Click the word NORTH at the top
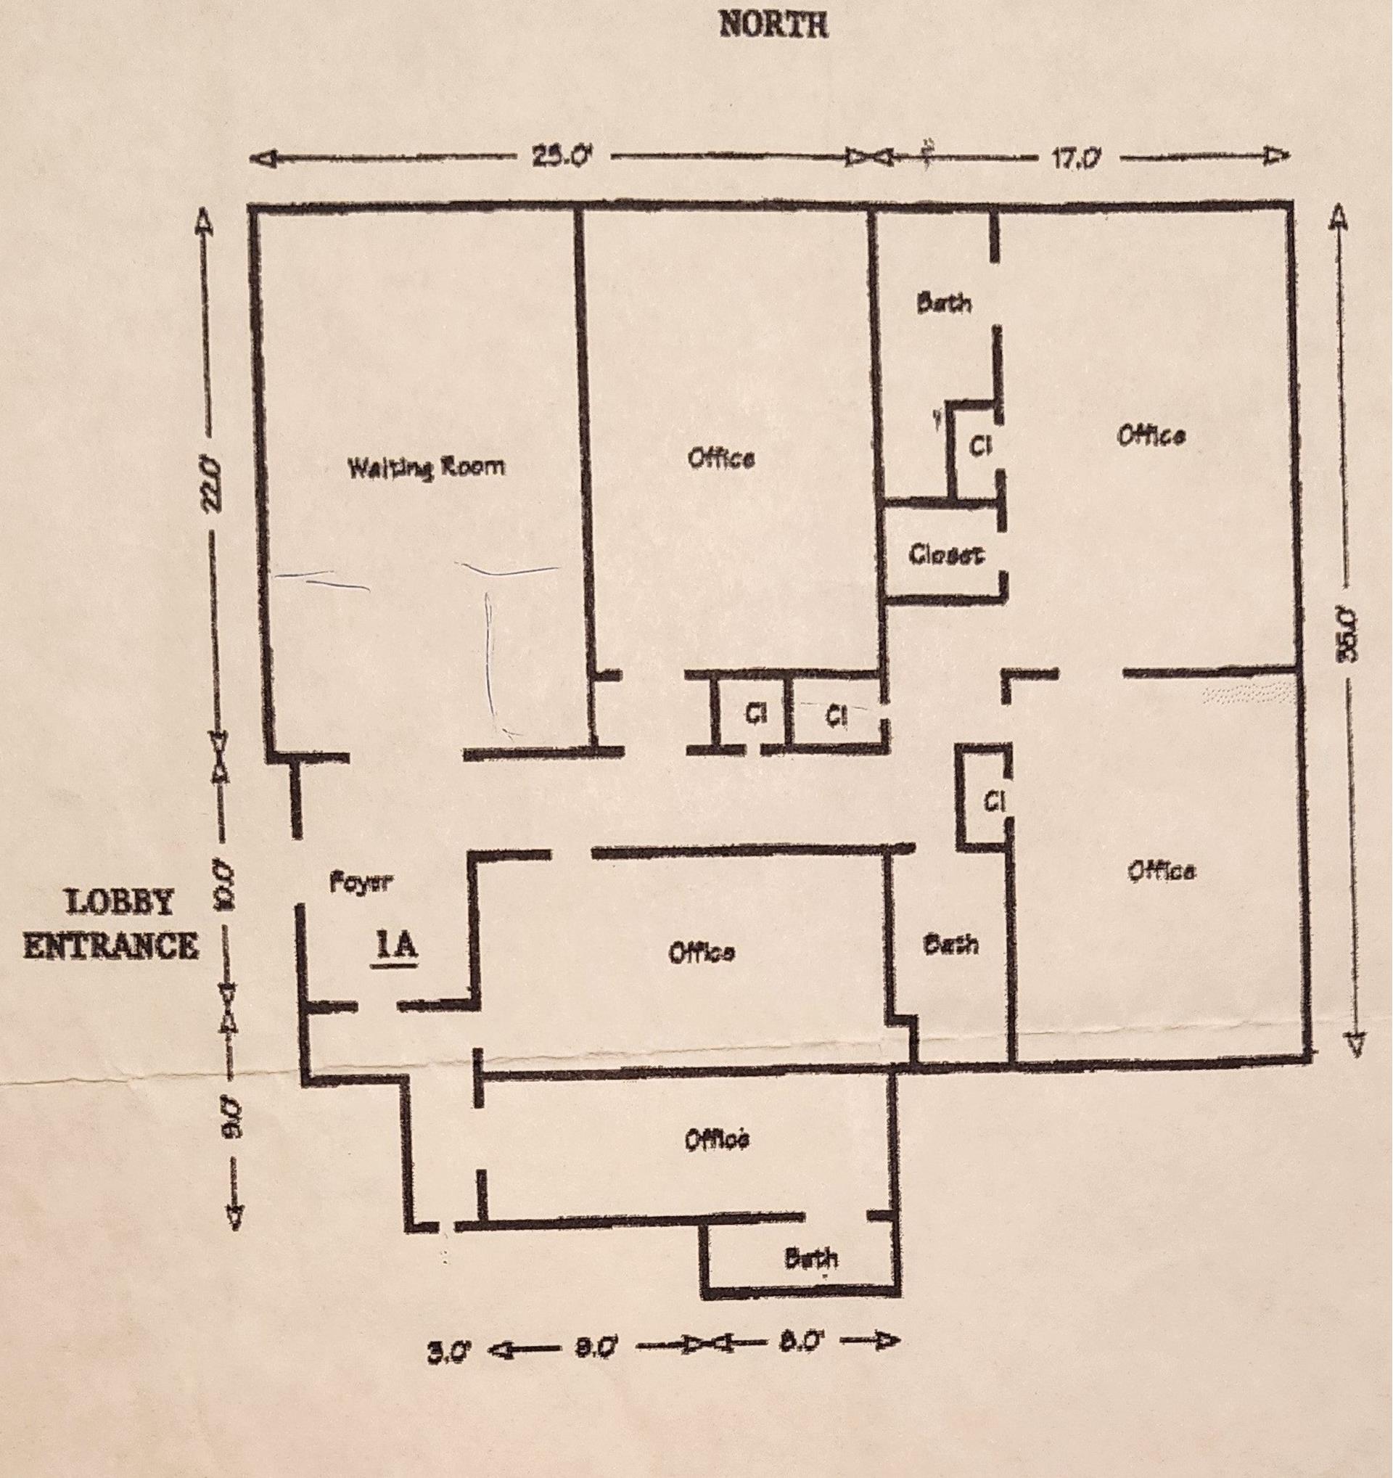point(773,27)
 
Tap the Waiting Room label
point(427,467)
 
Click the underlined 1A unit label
point(397,948)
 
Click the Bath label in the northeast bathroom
point(944,303)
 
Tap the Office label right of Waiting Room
point(722,459)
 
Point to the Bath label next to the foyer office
point(950,945)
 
